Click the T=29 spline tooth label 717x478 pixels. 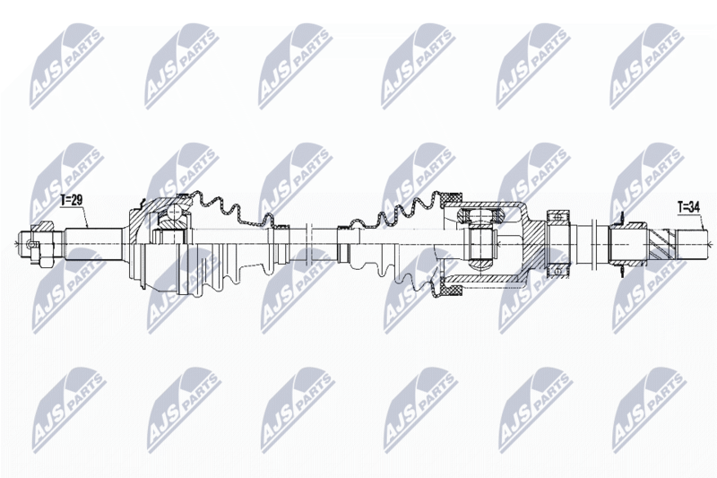(71, 200)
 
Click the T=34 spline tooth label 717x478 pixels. (688, 207)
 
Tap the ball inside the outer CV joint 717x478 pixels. (174, 213)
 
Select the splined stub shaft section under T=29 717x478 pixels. (93, 245)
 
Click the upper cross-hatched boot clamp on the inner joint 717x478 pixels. (451, 198)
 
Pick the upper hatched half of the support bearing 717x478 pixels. (557, 217)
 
